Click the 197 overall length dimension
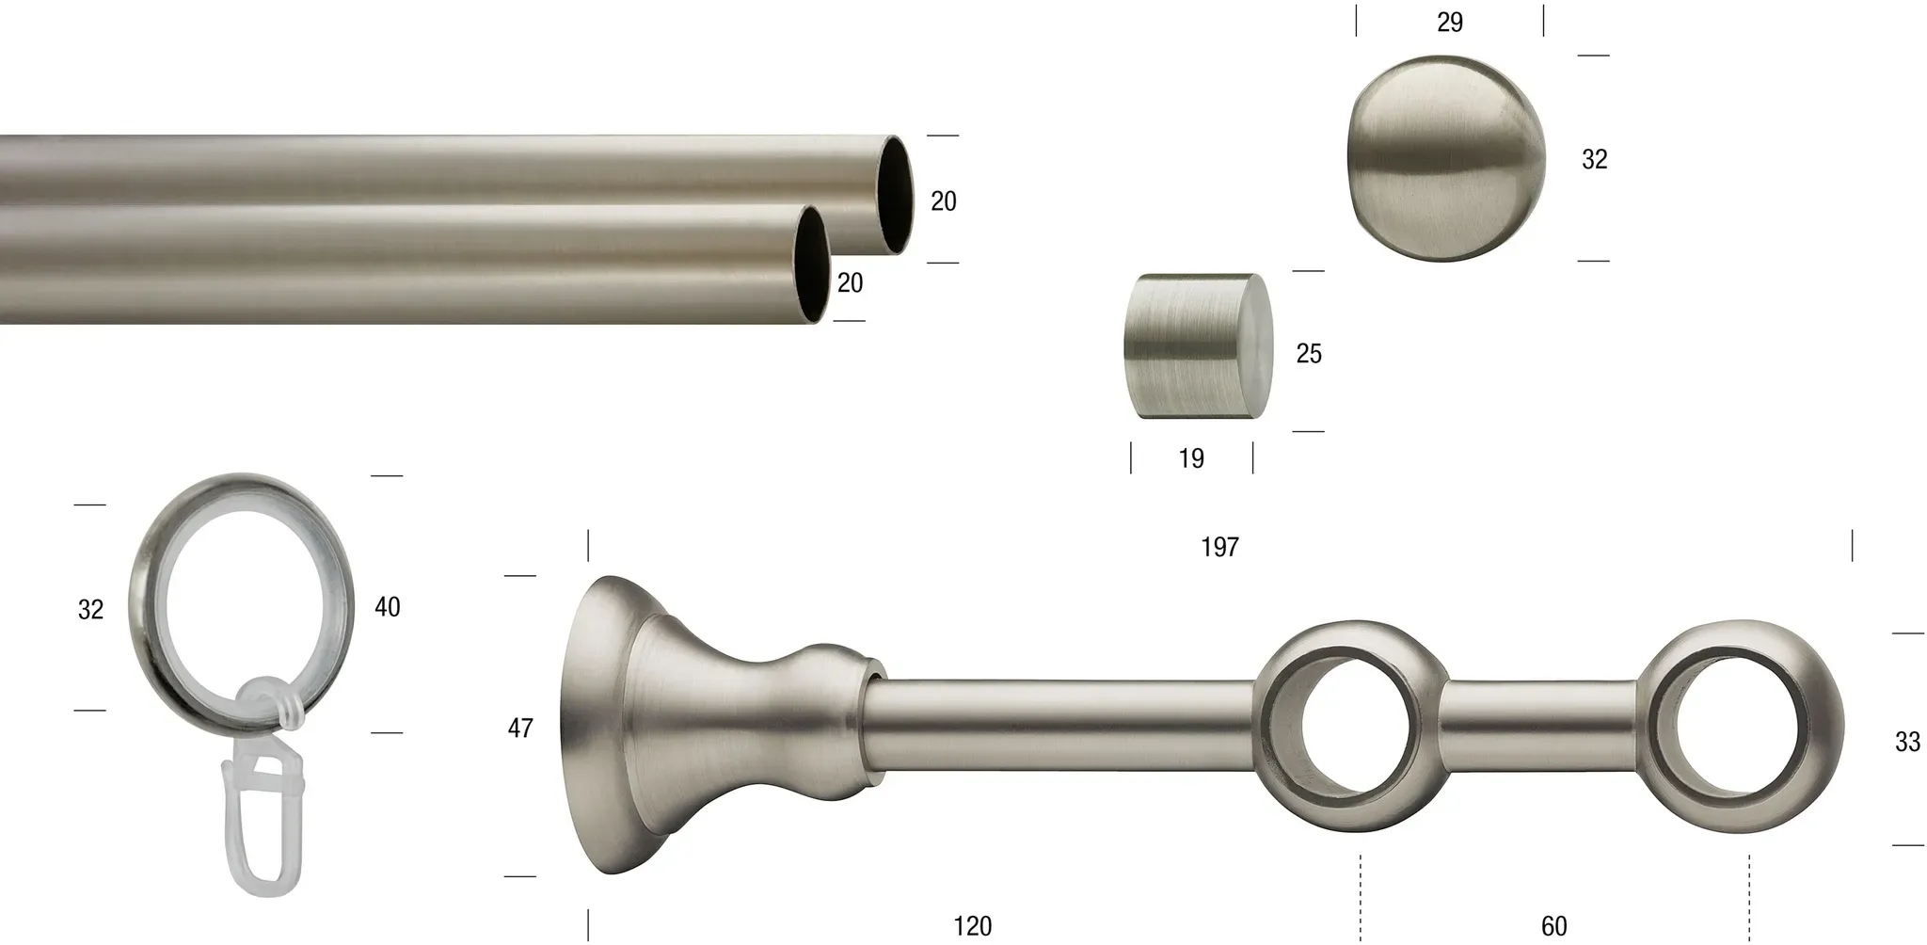click(x=1219, y=547)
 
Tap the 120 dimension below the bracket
click(x=972, y=926)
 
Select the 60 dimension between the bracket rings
click(x=1553, y=926)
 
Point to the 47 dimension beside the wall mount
click(x=520, y=728)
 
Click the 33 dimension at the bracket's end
click(x=1907, y=742)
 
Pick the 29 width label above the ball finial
click(x=1450, y=23)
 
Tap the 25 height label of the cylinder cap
click(x=1309, y=353)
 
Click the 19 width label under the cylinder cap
click(x=1191, y=458)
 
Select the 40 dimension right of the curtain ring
click(x=387, y=607)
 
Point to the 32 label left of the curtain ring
click(x=90, y=610)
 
